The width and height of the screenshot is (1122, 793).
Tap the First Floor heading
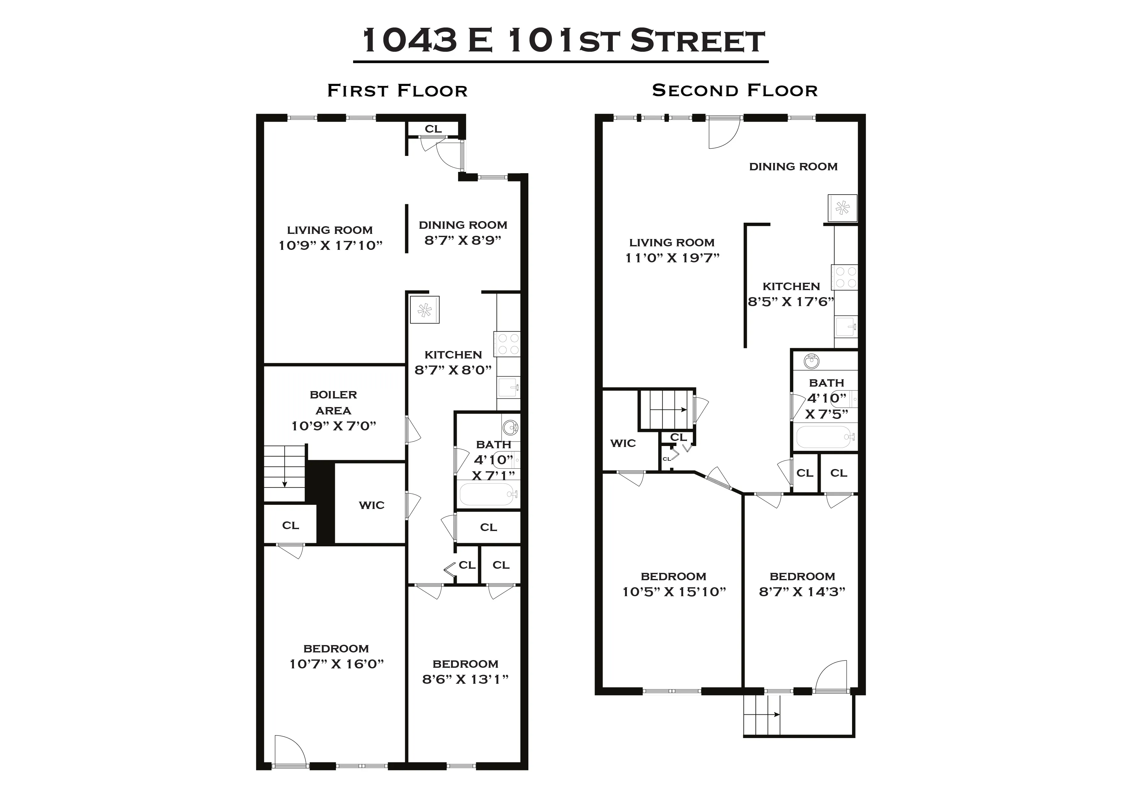click(397, 91)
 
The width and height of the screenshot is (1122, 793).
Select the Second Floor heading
click(734, 90)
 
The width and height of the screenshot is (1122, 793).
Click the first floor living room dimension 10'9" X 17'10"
click(330, 246)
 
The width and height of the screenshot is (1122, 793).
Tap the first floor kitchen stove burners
click(507, 344)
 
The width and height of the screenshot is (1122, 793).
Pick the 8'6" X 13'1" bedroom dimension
click(465, 679)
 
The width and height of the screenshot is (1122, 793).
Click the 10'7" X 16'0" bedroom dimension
click(336, 664)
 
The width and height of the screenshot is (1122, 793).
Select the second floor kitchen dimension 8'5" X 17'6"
click(791, 302)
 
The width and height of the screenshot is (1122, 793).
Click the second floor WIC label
click(623, 443)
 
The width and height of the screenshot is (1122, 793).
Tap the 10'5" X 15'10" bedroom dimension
click(674, 592)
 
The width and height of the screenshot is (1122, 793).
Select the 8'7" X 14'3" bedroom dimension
click(802, 592)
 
